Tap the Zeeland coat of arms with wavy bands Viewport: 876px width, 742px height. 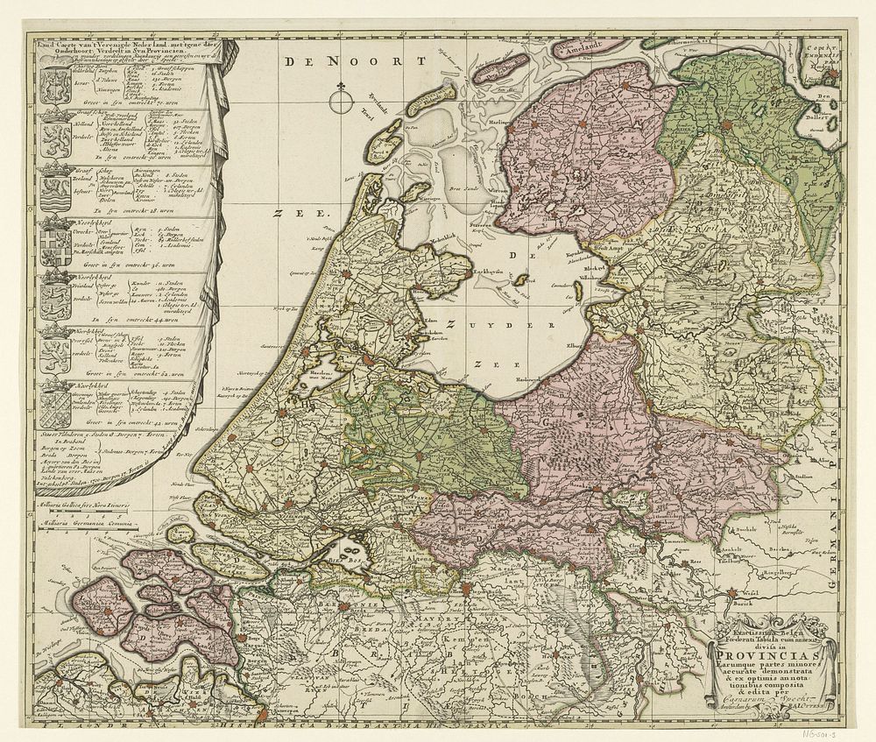(53, 187)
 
